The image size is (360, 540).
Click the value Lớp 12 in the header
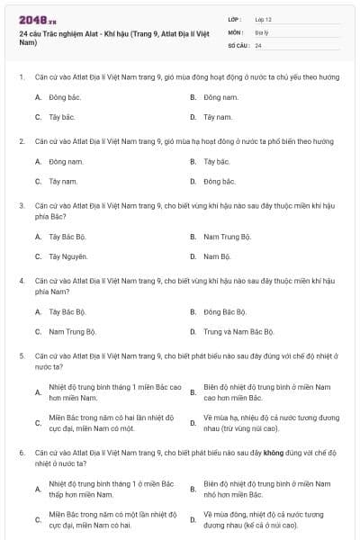(264, 18)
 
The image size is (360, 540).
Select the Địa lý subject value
(262, 31)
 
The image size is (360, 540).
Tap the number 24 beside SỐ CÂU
(258, 44)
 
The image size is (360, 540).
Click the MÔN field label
(236, 31)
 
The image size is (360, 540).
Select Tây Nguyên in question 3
(68, 256)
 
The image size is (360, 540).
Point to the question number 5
(21, 355)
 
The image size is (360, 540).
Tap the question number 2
(21, 141)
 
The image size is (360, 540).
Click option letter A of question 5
(38, 392)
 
